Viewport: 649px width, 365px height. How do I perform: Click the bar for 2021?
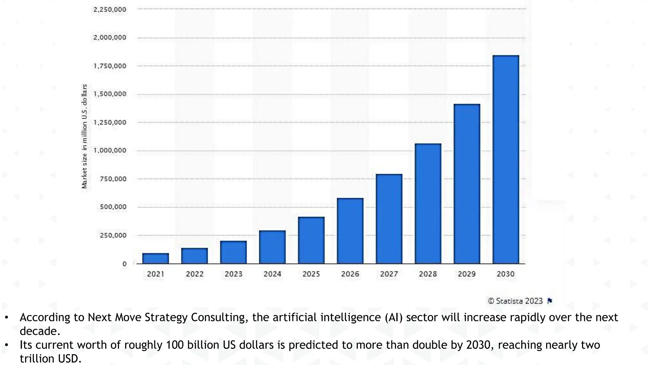coord(155,258)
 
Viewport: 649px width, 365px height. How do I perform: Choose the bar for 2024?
coord(272,247)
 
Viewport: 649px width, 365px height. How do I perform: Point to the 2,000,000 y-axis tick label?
coord(110,37)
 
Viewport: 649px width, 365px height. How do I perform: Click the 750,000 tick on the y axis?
coord(113,179)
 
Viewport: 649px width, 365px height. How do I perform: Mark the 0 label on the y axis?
coord(124,264)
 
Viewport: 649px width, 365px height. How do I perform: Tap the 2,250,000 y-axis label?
coord(110,10)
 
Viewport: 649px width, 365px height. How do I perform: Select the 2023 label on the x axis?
coord(234,274)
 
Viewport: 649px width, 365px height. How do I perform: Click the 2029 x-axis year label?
coord(467,274)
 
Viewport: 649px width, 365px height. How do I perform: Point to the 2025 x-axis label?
coord(311,274)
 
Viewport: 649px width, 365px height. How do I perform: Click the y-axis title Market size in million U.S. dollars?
coord(84,136)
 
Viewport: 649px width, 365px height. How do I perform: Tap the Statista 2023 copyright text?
coord(516,301)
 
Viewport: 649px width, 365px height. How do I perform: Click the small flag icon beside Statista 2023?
coord(550,301)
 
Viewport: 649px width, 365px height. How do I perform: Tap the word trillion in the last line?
coord(37,359)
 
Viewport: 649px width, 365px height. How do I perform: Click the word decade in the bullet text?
coord(40,331)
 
